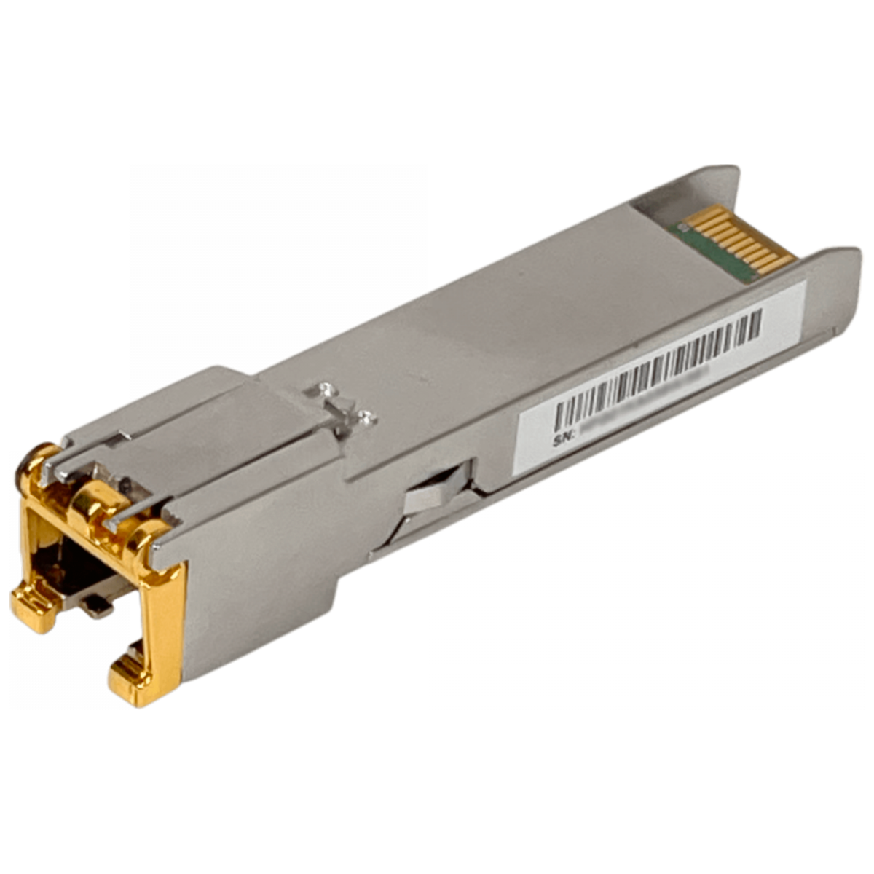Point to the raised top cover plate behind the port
(240, 408)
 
